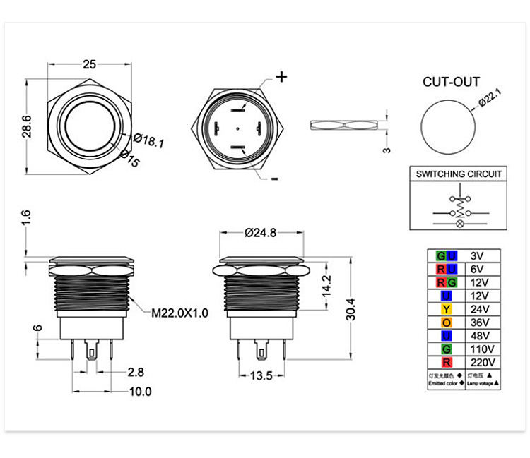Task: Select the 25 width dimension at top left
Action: point(89,64)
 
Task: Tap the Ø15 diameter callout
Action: point(130,159)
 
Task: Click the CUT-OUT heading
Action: point(451,82)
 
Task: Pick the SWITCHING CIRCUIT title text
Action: point(459,174)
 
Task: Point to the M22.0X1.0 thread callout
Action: point(179,313)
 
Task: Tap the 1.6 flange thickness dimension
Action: point(26,218)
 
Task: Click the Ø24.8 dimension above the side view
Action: point(261,231)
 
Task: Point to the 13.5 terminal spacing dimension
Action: point(261,376)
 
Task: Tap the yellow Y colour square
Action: point(446,308)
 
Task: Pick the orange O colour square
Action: point(446,322)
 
